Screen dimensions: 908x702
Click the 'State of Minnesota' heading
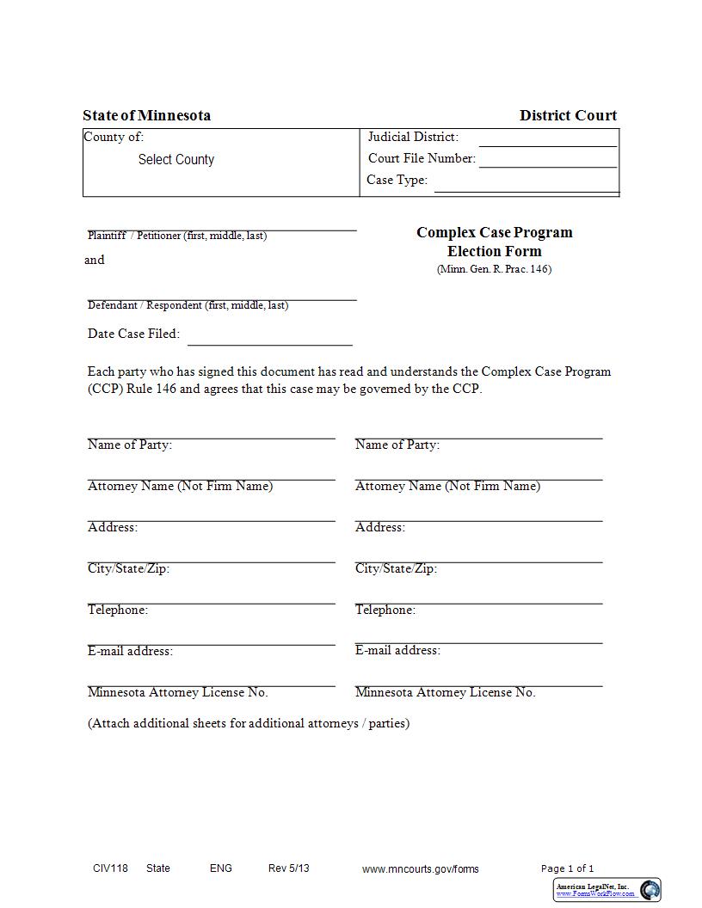[x=146, y=116]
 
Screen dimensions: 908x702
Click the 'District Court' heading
[x=568, y=116]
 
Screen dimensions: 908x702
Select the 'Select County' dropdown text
[x=176, y=160]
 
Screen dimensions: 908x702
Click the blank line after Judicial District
[x=548, y=141]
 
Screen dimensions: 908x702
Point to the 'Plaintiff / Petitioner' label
[x=177, y=236]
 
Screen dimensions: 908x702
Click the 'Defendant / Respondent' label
[x=188, y=305]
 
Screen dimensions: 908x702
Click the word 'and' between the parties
[x=95, y=261]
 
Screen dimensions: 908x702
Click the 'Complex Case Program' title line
[x=494, y=233]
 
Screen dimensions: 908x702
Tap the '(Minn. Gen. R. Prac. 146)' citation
[x=494, y=269]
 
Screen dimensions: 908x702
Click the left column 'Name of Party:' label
[x=130, y=445]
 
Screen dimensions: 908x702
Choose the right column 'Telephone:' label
[x=385, y=610]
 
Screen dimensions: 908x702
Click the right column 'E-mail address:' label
[x=397, y=651]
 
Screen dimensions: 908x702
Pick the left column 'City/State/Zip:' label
[x=128, y=569]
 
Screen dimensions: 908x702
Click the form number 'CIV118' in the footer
[x=110, y=868]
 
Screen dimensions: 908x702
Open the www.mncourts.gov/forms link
[x=421, y=869]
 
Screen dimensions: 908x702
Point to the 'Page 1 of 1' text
[x=567, y=868]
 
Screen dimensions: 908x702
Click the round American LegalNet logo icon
[x=650, y=890]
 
